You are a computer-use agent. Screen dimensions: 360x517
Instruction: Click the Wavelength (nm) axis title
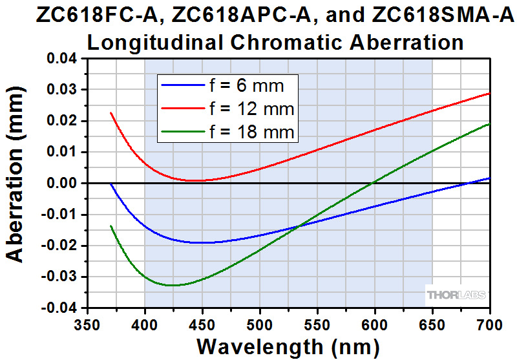coord(289,345)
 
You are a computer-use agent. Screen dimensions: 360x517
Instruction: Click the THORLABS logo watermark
coord(455,295)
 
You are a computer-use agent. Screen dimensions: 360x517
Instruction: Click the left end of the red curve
coord(111,113)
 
